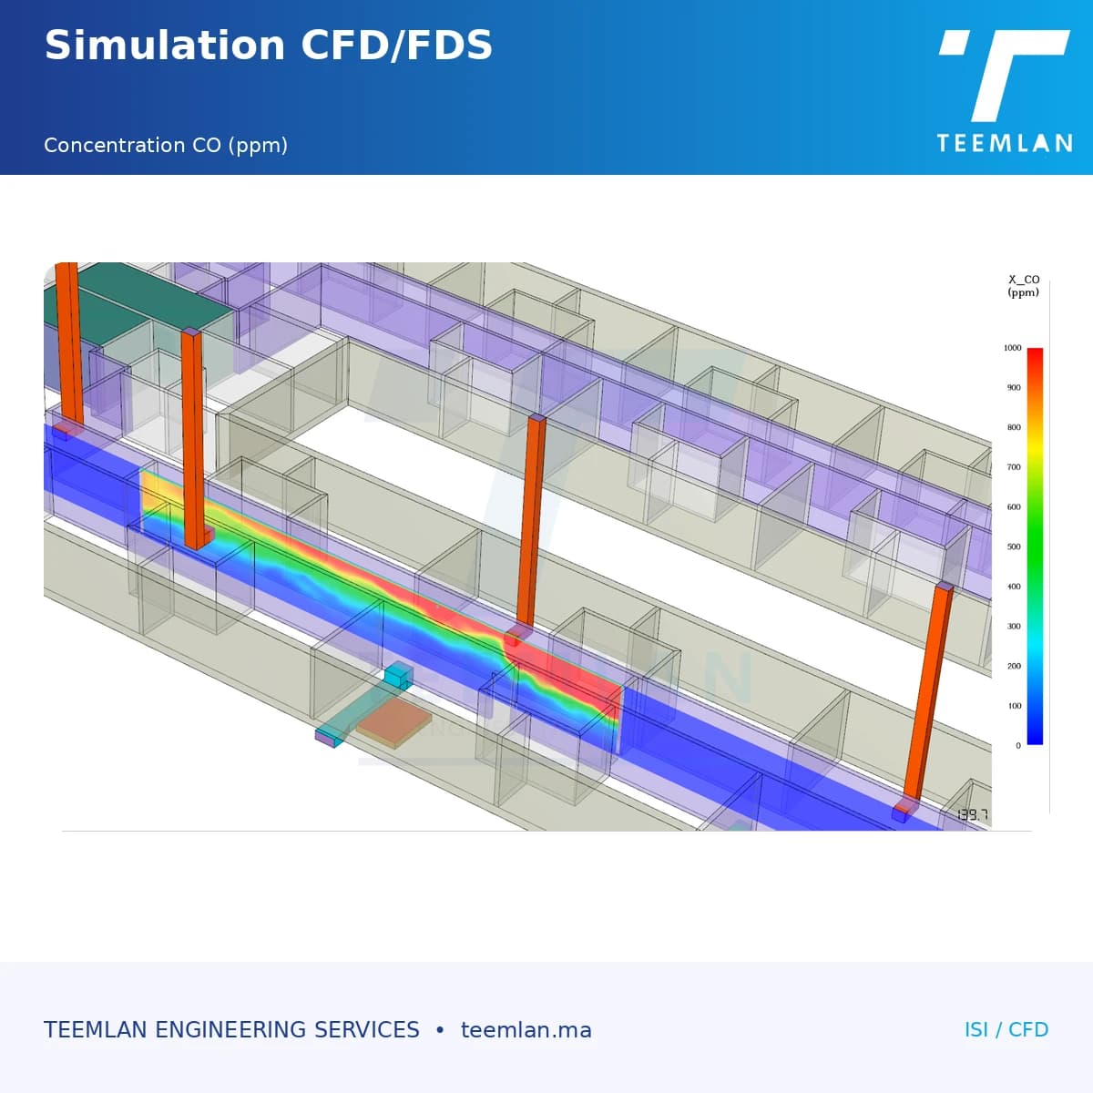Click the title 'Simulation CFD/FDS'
269,46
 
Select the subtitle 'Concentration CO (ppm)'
166,146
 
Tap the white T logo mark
1005,76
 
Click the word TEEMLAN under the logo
1004,143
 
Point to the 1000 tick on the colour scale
1013,348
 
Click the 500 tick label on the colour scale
1014,546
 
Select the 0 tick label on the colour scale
1018,746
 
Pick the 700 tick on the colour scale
1014,467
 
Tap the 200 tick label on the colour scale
1014,666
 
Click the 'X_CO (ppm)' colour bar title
1023,286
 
